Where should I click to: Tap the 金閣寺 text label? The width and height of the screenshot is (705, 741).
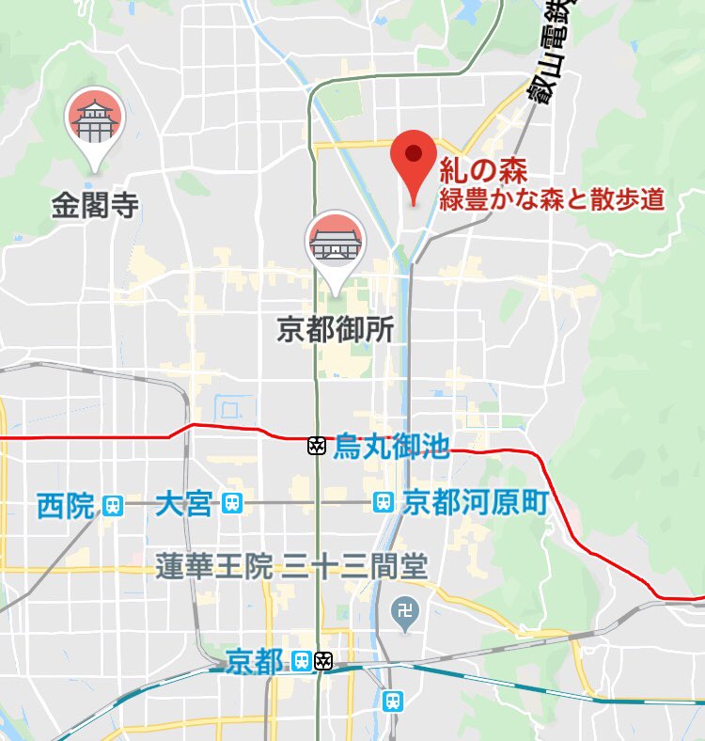click(x=95, y=206)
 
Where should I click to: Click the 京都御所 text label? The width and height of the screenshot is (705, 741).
click(x=335, y=329)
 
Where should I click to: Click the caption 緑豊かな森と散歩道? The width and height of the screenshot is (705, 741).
click(x=554, y=199)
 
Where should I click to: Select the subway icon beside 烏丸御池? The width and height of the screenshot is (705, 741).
click(x=317, y=446)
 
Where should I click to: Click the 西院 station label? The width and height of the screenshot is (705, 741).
click(x=66, y=506)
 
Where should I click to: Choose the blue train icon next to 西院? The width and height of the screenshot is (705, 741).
click(x=113, y=506)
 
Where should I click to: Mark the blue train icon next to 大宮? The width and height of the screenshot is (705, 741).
click(x=232, y=505)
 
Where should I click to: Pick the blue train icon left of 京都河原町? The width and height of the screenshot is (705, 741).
click(x=384, y=503)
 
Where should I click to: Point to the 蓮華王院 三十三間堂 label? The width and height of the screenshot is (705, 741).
click(x=291, y=566)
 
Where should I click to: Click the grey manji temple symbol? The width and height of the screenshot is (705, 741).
click(x=406, y=609)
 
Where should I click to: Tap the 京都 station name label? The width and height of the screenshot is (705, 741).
click(x=255, y=662)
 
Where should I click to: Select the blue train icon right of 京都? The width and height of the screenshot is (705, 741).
click(x=301, y=661)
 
